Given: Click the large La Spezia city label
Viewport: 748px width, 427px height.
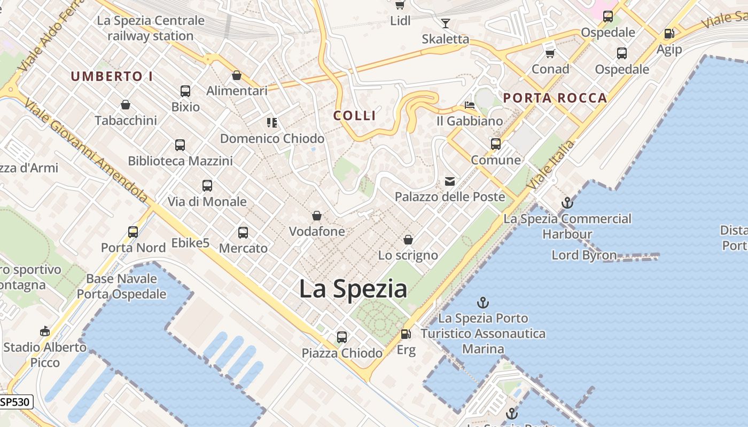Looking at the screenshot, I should pos(353,289).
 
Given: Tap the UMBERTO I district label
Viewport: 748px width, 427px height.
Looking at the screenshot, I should pos(112,76).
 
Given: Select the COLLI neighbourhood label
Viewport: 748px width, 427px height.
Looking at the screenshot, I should pos(355,115).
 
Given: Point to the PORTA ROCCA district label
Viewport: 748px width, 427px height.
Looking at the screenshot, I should pos(555,98).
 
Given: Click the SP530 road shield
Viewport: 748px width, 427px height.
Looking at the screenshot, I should pos(15,402).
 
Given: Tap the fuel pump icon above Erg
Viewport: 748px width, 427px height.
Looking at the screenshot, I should pos(406,334).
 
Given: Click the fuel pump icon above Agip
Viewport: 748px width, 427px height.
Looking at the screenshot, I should pos(669,34).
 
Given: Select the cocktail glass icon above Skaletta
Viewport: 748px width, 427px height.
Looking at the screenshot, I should pos(446,23).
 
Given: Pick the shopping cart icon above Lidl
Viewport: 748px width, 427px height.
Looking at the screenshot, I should pos(400,5).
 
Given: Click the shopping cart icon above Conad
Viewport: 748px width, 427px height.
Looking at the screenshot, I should pos(550,53).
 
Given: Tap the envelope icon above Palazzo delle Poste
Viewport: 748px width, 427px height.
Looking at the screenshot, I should pos(450,181).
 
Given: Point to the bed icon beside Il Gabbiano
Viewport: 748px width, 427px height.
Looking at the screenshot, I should pos(470,105).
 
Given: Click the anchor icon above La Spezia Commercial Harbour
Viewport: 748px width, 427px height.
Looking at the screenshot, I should pos(567,203).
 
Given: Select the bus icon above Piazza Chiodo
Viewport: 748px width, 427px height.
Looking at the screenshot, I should pos(342,337).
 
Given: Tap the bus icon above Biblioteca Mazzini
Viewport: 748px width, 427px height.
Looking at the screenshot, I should pos(180,145).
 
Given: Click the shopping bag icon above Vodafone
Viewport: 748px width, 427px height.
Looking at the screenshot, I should pos(317,216).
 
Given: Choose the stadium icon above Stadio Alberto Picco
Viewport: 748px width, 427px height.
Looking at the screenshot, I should pos(45,331).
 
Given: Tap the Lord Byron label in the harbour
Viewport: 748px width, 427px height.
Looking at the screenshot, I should pos(584,255).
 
